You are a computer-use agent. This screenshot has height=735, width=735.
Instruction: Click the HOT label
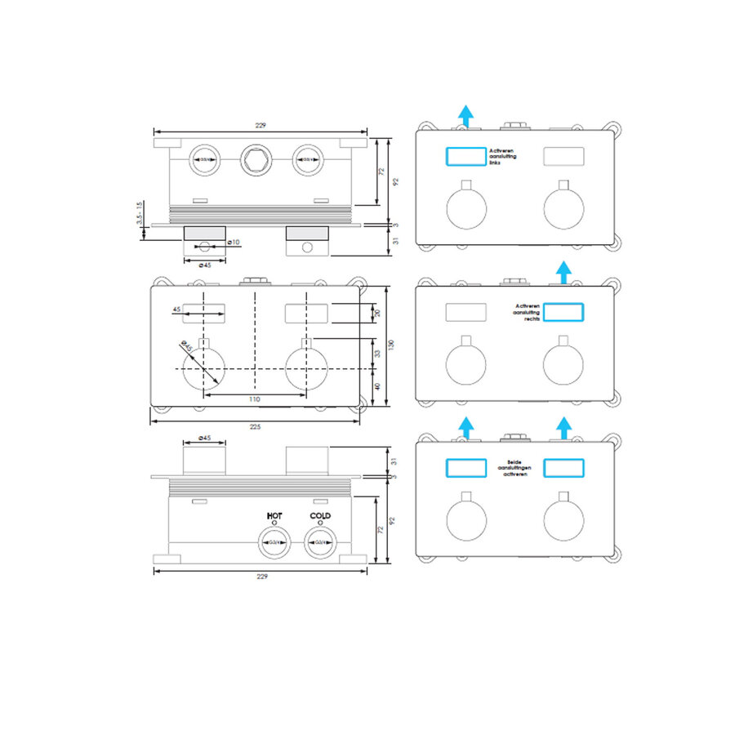tap(274, 516)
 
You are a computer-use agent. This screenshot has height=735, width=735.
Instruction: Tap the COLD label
tap(320, 516)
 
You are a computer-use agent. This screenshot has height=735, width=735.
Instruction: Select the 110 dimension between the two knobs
tap(254, 399)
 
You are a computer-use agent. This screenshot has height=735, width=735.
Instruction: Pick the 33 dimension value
tap(376, 354)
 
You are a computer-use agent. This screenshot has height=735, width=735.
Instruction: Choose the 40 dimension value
tap(376, 386)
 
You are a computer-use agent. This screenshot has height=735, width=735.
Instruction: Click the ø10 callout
tap(233, 243)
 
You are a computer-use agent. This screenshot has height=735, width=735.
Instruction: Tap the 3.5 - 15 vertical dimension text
tap(140, 214)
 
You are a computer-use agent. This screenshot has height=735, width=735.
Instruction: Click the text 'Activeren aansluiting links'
tap(503, 156)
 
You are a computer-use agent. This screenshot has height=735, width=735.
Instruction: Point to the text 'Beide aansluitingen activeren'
tap(514, 467)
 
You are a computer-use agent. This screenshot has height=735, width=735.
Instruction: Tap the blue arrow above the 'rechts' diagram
tap(563, 270)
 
